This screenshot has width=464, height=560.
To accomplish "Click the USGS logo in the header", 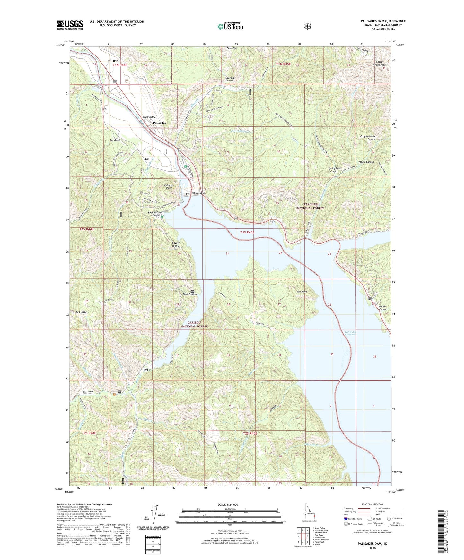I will tap(70, 24).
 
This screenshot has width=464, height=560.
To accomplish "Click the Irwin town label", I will tap(117, 60).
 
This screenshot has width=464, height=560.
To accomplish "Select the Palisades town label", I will tap(159, 123).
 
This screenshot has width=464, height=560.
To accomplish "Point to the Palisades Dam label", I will tap(198, 193).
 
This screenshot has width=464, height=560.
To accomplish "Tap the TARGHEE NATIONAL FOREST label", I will tap(310, 206).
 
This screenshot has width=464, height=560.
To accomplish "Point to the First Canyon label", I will tap(190, 294).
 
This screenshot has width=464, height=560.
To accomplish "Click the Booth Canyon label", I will tap(382, 308).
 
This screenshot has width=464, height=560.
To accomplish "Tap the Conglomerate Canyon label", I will tap(367, 138).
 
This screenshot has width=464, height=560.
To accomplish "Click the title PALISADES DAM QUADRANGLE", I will tap(383, 21).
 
